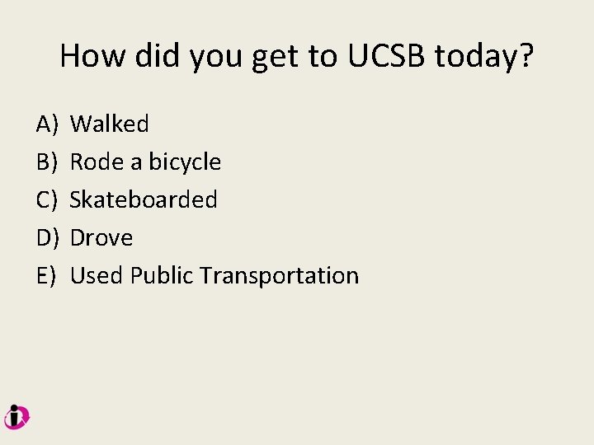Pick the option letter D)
coord(46,238)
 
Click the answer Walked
coord(110,124)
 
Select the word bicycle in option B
coord(185,162)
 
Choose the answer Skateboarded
coord(144,200)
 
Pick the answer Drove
coord(101,238)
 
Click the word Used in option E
coord(96,276)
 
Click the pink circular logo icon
coord(16,417)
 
